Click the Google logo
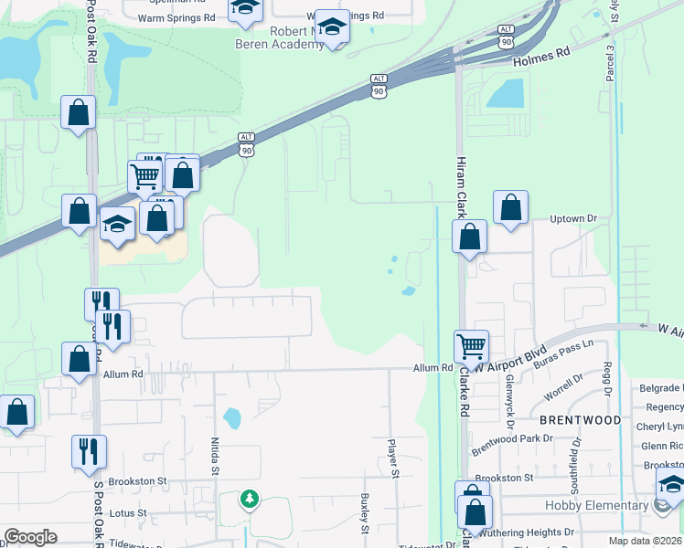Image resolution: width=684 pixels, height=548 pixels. tap(31, 537)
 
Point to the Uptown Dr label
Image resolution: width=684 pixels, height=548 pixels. tap(572, 219)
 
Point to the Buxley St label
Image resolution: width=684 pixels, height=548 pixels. tap(364, 512)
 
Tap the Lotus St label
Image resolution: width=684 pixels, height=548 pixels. tap(128, 513)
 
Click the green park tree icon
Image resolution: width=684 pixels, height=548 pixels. tap(249, 500)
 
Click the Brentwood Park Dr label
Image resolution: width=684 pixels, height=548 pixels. tap(512, 442)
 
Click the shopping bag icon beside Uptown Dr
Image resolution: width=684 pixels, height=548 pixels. tap(510, 208)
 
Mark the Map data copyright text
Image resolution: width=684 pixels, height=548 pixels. tap(646, 541)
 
